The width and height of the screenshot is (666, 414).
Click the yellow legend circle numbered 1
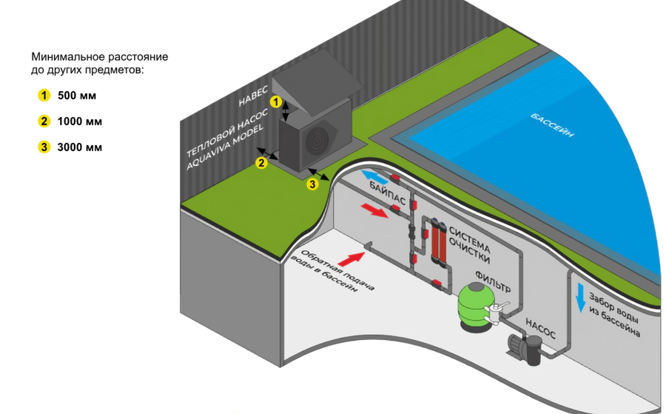(44, 96)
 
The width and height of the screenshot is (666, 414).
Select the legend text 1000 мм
(80, 121)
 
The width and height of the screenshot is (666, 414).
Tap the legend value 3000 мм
(80, 147)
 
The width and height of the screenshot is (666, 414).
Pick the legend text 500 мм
(77, 96)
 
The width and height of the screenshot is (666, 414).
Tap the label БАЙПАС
(387, 196)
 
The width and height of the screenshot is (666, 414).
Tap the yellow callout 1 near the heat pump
(275, 101)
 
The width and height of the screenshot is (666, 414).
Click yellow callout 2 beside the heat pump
(261, 163)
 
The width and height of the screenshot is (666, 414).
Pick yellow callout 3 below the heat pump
(312, 184)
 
